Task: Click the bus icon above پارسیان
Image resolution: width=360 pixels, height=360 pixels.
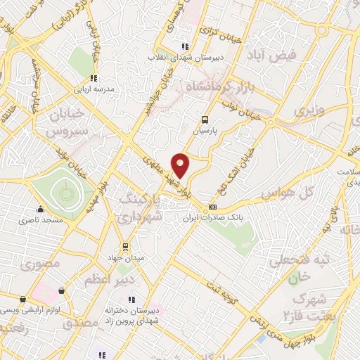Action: click(x=205, y=120)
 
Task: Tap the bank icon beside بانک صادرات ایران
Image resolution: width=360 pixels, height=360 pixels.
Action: click(x=212, y=208)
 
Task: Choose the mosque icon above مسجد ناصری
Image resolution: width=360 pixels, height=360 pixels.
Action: click(x=41, y=209)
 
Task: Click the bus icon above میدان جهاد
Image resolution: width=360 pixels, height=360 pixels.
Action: click(x=126, y=247)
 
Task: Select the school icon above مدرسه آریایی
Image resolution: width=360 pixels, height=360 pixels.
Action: click(x=92, y=78)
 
